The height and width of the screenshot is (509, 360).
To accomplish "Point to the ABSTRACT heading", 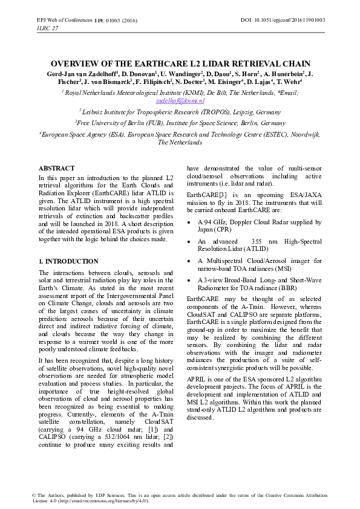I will pos(56,168).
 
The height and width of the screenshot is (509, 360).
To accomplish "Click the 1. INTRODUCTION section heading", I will pos(68,261).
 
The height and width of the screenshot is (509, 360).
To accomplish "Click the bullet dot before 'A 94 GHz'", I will pos(191,222).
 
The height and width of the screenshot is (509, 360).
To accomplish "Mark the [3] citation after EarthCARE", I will pos(223,194).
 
